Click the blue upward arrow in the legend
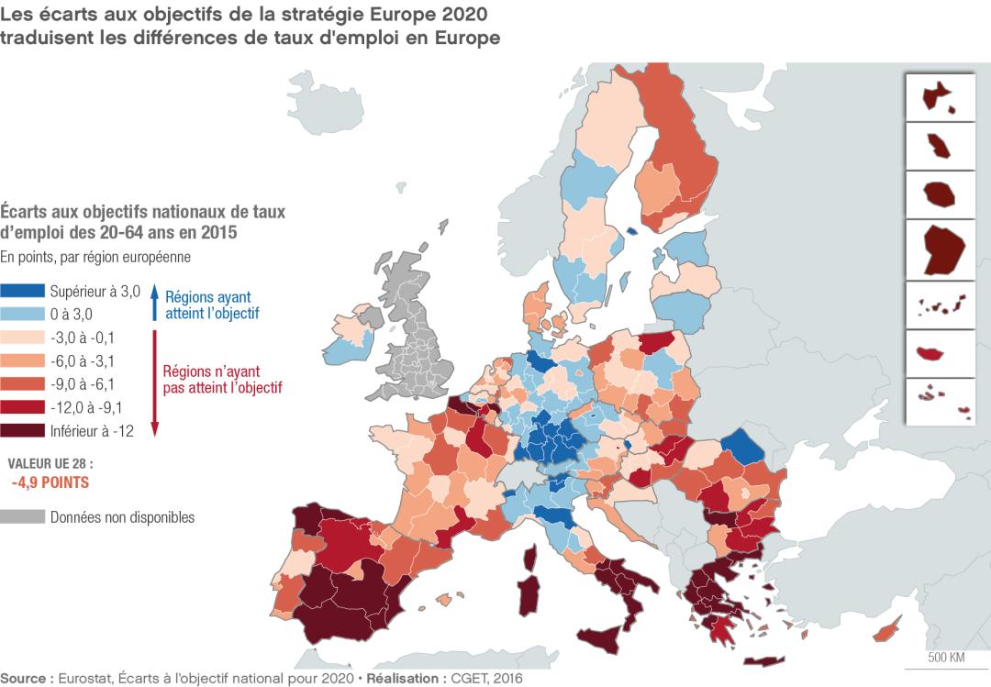click(155, 304)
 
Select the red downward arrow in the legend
click(155, 385)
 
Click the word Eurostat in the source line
click(84, 679)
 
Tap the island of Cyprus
click(888, 632)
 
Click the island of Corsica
click(529, 558)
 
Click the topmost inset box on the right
click(941, 95)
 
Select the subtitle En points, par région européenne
click(95, 256)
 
